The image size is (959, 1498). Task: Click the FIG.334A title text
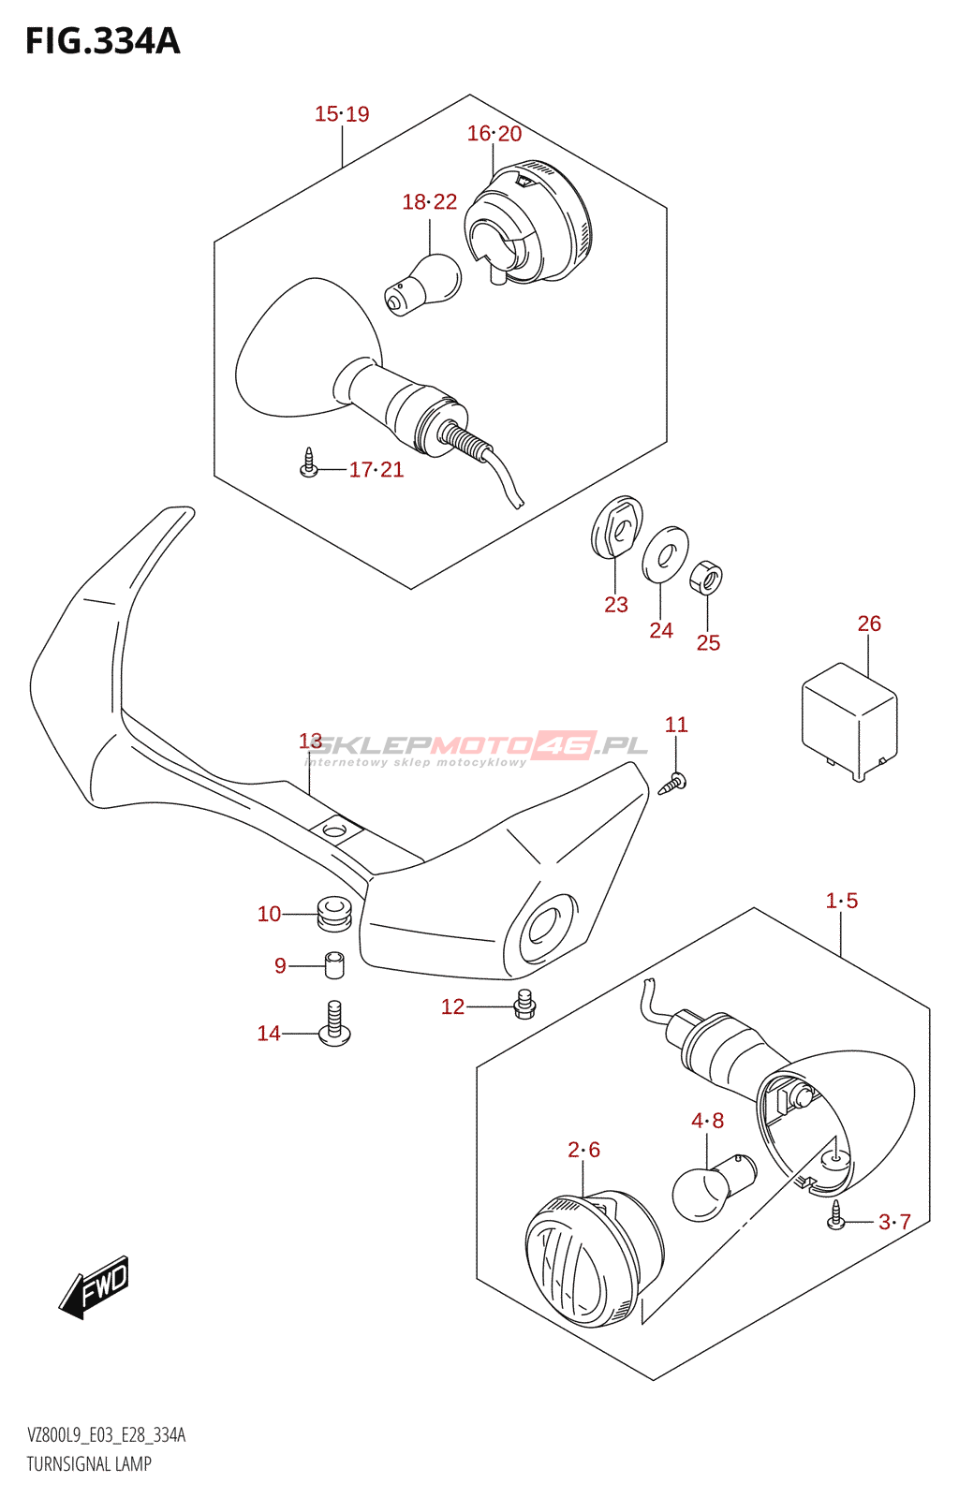(x=102, y=41)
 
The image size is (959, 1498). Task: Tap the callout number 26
(x=869, y=624)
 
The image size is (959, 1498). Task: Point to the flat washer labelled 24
(x=665, y=554)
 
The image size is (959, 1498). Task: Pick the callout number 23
(x=615, y=605)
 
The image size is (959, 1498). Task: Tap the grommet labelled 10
(x=332, y=913)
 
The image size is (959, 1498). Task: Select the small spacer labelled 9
(x=334, y=965)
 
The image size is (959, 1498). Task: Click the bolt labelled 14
(x=334, y=1023)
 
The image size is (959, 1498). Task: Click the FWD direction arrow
(x=95, y=1287)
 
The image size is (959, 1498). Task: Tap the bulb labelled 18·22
(x=423, y=283)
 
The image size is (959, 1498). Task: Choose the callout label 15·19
(x=342, y=114)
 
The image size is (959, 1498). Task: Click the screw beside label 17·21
(x=309, y=463)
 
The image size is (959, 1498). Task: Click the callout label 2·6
(x=583, y=1150)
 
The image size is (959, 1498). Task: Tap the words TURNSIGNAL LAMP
(x=89, y=1464)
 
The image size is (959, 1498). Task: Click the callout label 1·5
(x=841, y=901)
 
